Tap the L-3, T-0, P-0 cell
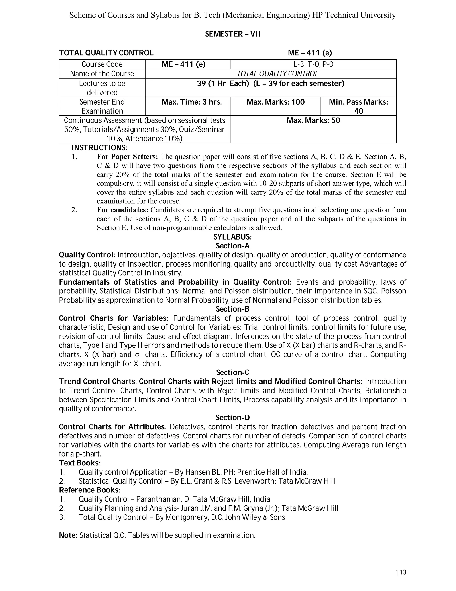tap(313, 64)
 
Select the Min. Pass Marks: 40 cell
tap(358, 106)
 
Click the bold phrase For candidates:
tap(123, 210)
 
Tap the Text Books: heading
tap(80, 463)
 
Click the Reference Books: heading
tap(90, 490)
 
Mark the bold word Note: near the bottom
tap(68, 535)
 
